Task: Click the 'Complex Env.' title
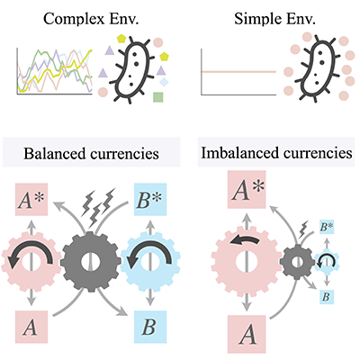91,19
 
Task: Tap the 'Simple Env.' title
274,19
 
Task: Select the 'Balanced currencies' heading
91,154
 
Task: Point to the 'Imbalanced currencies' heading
276,153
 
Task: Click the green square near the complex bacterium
158,97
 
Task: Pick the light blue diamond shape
164,82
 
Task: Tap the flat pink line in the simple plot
238,72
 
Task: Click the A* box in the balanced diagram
31,200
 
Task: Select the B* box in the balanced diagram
149,200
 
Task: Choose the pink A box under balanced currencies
31,327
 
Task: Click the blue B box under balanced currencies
150,327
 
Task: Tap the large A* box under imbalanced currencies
247,190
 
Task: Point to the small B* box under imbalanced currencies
327,227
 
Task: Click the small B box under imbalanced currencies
327,298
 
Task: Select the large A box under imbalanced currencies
247,334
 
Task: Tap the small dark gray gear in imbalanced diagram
297,261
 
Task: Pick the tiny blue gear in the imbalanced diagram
327,261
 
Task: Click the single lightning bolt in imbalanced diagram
304,229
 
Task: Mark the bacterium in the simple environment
319,70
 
